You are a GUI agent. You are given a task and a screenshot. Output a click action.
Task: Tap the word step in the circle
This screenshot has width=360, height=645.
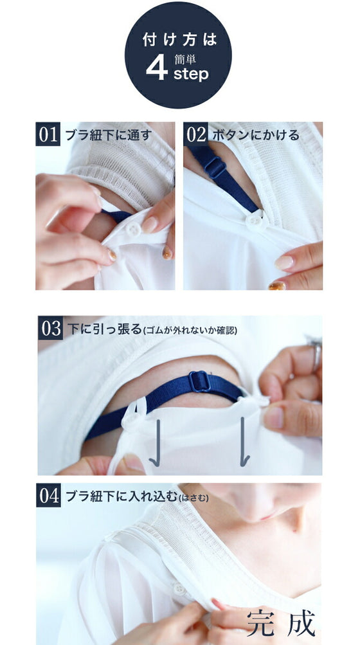coord(191,74)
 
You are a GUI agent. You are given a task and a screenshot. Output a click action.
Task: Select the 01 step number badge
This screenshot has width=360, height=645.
coord(48,134)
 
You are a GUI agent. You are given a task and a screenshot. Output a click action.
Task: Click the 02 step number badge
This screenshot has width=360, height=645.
coord(196,134)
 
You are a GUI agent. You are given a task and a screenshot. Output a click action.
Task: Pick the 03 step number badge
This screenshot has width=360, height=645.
coord(51,328)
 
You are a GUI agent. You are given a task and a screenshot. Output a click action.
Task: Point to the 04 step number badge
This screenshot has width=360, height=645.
coord(49,495)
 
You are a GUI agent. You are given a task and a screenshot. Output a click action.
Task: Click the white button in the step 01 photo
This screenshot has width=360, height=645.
coord(133,229)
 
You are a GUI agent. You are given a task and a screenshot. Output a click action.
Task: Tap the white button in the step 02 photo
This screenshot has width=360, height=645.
coord(255,220)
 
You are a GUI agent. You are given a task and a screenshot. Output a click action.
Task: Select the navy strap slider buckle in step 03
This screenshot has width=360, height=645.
coord(200,382)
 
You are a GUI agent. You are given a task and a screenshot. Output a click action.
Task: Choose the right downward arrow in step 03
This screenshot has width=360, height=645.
coord(244,442)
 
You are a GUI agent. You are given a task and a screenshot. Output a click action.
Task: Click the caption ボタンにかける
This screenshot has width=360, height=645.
coord(255,135)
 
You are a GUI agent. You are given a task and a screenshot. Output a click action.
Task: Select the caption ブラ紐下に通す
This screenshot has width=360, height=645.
coord(108,135)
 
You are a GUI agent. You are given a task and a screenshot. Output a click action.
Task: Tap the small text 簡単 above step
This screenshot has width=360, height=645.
coord(184,59)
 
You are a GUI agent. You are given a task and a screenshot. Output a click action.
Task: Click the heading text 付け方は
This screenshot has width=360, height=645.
coord(179,39)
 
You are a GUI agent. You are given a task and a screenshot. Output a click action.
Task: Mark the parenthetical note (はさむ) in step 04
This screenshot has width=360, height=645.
coord(194,498)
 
